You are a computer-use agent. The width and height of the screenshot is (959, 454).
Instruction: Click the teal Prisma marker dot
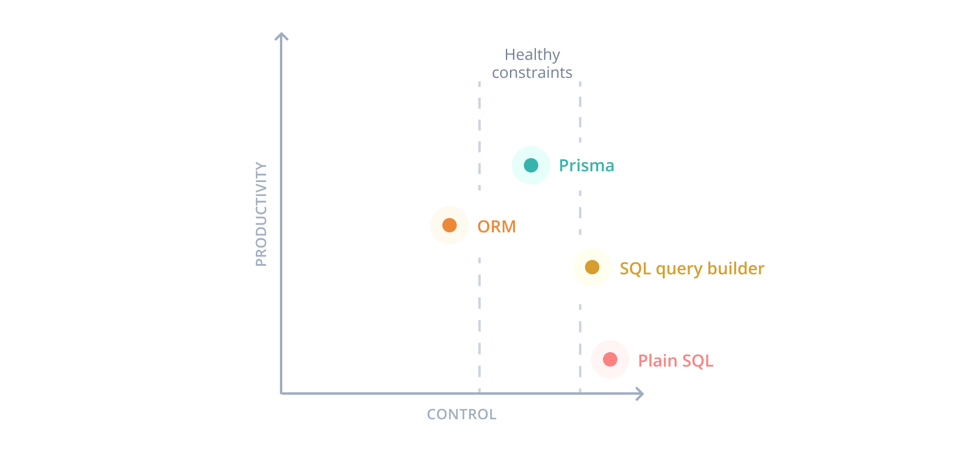coord(531,165)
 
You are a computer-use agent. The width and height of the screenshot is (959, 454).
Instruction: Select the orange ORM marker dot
coord(450,225)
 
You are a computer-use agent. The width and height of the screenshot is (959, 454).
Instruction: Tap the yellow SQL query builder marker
coord(592,267)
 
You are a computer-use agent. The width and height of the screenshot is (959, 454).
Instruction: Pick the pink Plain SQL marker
coord(610,359)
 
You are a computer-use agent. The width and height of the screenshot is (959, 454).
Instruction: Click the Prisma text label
coord(586,165)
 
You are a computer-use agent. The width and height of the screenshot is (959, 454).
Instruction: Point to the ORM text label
coord(496,226)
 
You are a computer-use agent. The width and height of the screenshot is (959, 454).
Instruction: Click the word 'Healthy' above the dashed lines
coord(532,55)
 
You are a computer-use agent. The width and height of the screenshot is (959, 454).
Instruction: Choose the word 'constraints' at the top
coord(532,73)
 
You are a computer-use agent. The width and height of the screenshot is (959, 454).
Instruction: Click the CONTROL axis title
coord(462,414)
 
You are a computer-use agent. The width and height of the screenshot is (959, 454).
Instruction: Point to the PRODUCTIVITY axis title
coord(261,214)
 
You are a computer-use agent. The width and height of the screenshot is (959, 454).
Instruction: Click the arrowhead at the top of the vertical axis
coord(282,36)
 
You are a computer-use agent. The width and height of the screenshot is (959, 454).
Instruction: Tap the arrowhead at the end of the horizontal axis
coord(640,394)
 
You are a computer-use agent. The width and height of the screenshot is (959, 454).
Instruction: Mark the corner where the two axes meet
coord(282,394)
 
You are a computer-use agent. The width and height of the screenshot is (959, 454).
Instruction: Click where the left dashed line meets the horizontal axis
coord(479,394)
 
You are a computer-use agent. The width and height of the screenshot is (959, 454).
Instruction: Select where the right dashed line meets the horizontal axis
coord(580,394)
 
